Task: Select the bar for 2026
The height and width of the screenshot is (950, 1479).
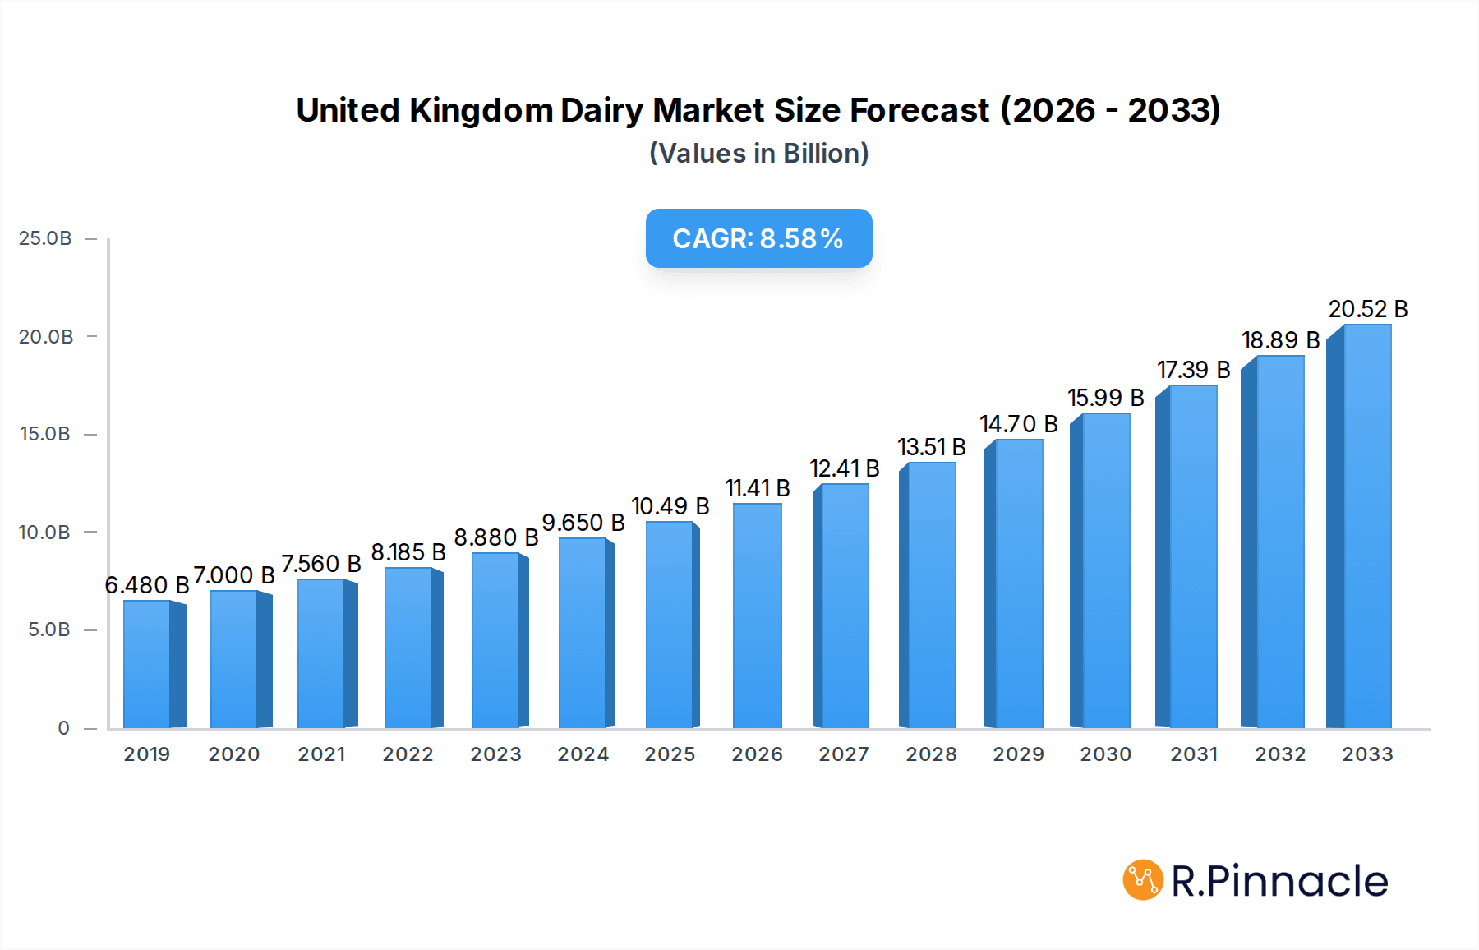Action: click(757, 616)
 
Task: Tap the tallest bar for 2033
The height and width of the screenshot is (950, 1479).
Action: click(1366, 526)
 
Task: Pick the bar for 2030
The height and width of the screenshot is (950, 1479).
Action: click(1105, 571)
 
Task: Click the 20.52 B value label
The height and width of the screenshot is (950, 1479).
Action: click(1367, 309)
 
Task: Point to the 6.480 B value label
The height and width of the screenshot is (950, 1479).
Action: click(147, 585)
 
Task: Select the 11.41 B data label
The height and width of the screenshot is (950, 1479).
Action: click(757, 488)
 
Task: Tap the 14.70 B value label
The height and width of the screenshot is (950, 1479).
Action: click(1018, 424)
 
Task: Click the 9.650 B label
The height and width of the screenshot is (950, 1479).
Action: click(583, 523)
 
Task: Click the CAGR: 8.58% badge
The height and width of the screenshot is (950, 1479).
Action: click(758, 238)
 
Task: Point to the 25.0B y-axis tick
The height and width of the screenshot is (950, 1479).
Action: click(45, 238)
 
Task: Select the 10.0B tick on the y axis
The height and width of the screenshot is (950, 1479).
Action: click(45, 533)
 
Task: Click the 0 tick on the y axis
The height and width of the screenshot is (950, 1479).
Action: click(63, 728)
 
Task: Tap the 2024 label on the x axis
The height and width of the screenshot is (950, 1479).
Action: click(583, 754)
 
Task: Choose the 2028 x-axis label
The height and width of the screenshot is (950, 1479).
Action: click(931, 754)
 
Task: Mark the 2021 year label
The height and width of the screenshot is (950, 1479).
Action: click(321, 754)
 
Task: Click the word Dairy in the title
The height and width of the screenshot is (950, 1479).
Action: click(601, 110)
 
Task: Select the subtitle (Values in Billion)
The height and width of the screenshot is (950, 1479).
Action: click(758, 154)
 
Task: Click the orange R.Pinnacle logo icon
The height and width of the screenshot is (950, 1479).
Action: click(1142, 880)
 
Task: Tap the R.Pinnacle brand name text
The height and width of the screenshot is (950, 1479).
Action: click(1279, 881)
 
